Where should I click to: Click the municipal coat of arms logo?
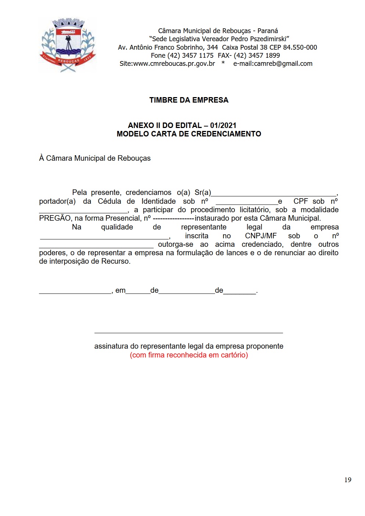[x=67, y=45]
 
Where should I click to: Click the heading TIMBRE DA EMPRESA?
[x=189, y=100]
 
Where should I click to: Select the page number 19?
[x=348, y=480]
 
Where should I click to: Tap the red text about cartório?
[x=189, y=355]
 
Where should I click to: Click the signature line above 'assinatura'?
[x=189, y=332]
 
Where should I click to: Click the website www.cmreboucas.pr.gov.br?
[x=174, y=64]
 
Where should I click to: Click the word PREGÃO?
[x=55, y=218]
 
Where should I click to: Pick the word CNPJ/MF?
[x=261, y=236]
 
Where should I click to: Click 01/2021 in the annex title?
[x=223, y=125]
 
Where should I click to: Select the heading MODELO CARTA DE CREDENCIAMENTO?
[x=189, y=134]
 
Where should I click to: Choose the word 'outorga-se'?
[x=175, y=245]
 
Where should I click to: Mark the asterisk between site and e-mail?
[x=223, y=63]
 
